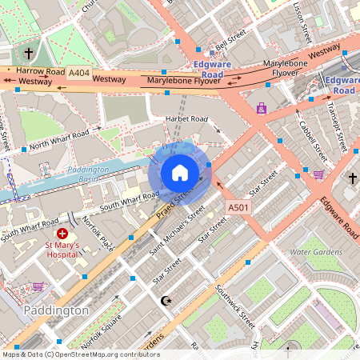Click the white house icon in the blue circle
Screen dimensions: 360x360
[180, 173]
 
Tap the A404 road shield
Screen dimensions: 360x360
[78, 72]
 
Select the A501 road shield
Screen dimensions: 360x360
[238, 207]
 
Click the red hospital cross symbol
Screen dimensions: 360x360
[62, 233]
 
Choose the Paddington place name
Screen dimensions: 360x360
[56, 310]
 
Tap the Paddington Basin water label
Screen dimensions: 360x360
[87, 174]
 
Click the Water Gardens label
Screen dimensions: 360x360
[315, 252]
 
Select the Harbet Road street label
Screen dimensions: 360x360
[186, 119]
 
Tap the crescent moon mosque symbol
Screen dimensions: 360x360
[166, 301]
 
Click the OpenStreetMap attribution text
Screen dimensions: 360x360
[80, 354]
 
